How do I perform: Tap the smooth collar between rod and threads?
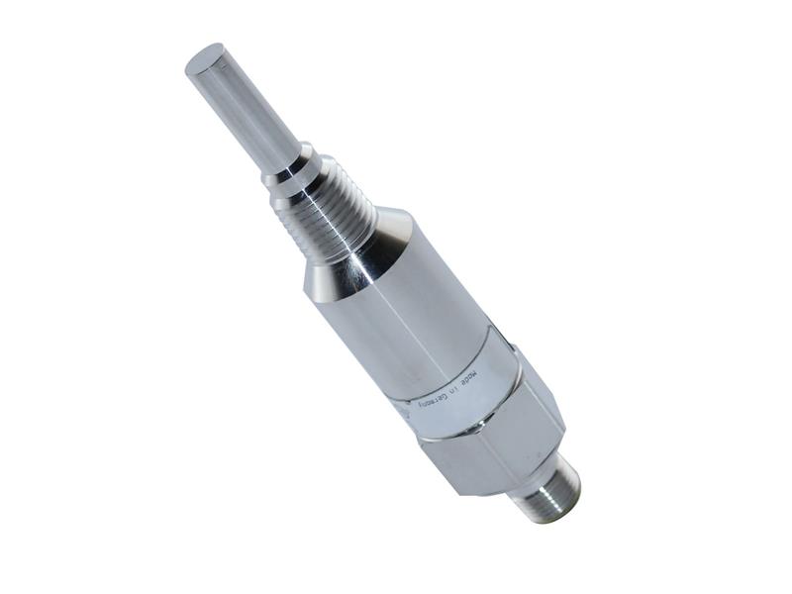(x=288, y=170)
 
